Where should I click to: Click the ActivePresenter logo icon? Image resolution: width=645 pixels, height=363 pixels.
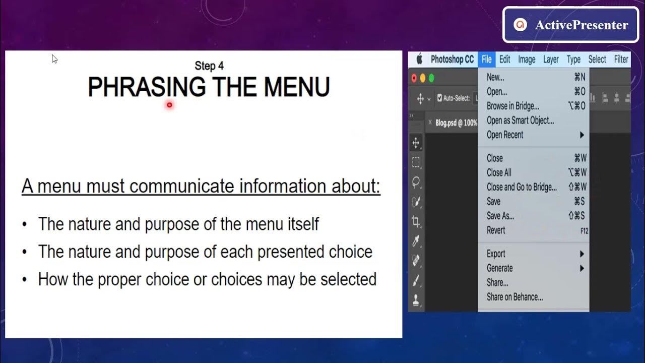[x=520, y=25]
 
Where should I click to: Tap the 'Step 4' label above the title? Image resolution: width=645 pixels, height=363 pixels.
[x=209, y=66]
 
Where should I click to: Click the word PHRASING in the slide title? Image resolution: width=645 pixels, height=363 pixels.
[x=147, y=87]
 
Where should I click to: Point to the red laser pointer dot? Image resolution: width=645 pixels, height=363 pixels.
[x=170, y=105]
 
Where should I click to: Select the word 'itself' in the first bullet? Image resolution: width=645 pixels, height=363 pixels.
[x=303, y=224]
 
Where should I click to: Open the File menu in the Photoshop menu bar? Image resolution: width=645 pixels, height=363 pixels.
[x=486, y=59]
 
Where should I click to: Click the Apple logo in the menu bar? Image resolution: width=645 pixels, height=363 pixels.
[x=419, y=59]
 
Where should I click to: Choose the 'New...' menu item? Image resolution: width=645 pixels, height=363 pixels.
[x=495, y=77]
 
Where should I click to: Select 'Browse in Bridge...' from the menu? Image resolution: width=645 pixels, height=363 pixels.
[x=512, y=106]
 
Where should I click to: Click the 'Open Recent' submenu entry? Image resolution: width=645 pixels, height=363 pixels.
[x=505, y=135]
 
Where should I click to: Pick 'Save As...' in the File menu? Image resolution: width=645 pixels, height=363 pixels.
[x=500, y=216]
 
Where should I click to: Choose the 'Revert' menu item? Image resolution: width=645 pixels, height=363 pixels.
[x=496, y=230]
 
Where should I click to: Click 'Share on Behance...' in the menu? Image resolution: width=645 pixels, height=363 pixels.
[x=514, y=297]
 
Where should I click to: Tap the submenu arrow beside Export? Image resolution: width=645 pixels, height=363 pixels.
[x=582, y=254]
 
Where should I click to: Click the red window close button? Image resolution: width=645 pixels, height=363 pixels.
[x=414, y=78]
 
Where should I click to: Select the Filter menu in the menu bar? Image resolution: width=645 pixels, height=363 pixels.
[x=621, y=59]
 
